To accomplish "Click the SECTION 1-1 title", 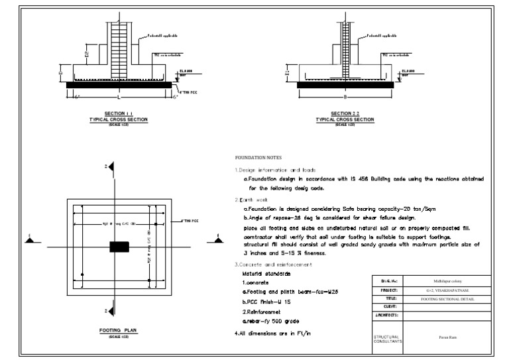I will (x=118, y=113).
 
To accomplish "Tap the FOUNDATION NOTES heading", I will (x=258, y=158).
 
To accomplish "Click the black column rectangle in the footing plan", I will (x=119, y=247).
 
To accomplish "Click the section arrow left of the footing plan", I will (x=29, y=239).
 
